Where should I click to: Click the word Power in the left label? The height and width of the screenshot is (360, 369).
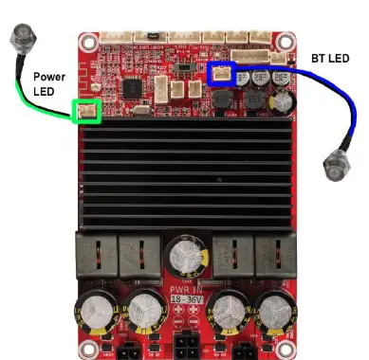[48, 75]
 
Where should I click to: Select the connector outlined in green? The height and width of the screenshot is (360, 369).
[86, 113]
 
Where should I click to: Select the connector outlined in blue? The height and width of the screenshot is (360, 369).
[223, 74]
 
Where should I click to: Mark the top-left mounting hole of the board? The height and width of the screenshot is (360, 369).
[87, 43]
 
